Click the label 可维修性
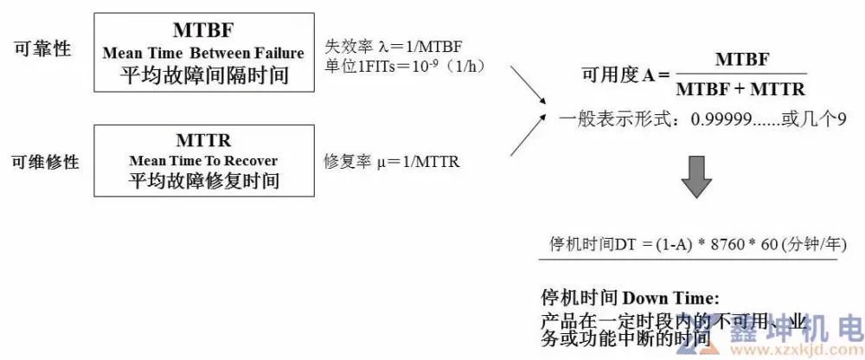point(45,161)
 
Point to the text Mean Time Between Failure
point(203,54)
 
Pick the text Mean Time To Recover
point(203,161)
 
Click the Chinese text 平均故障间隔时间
point(203,76)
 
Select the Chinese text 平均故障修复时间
point(203,182)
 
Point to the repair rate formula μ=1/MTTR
point(391,162)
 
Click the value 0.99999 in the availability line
point(722,119)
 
